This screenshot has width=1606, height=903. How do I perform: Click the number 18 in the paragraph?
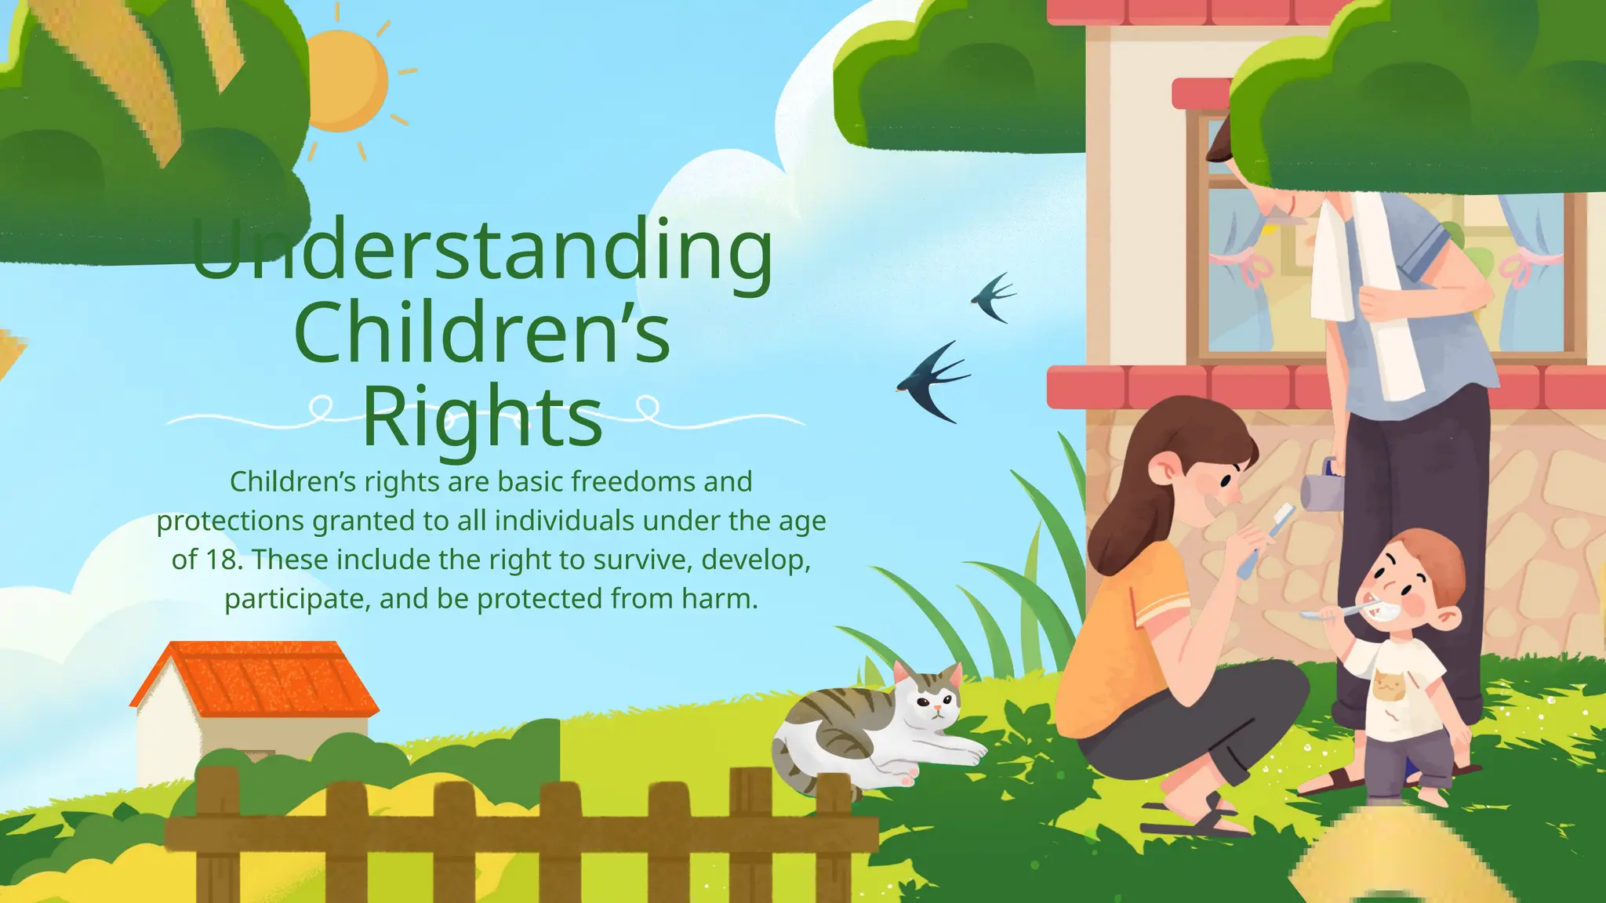(222, 560)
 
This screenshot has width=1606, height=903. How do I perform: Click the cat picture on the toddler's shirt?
(1389, 687)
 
